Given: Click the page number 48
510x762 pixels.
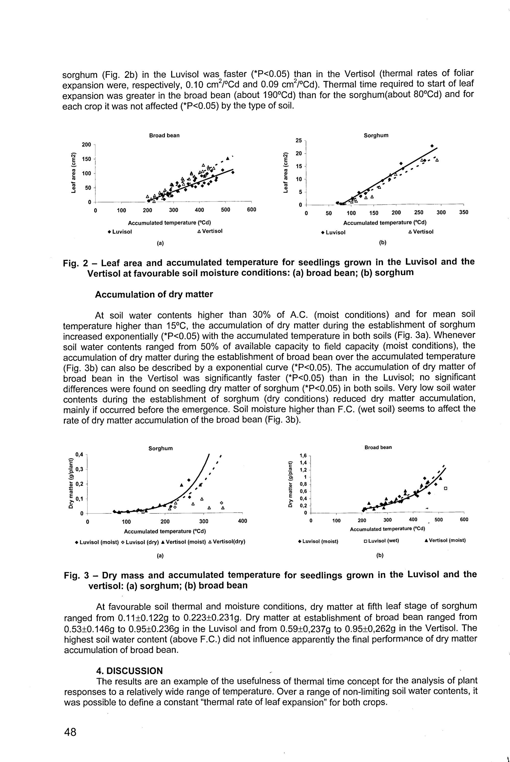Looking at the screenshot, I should tap(70, 732).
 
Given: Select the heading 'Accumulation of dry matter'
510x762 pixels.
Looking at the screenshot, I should tap(154, 294).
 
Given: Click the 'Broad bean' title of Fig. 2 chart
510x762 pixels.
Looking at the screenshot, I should tap(164, 135).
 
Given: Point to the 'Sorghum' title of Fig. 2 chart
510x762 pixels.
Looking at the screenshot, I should tap(376, 135).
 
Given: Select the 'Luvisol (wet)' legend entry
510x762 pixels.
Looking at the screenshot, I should tap(381, 541).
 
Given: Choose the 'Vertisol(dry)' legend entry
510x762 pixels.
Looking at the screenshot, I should tap(226, 542).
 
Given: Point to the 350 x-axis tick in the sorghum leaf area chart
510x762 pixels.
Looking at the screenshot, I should tap(464, 213).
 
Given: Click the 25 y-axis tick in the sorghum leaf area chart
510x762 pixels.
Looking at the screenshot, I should tap(299, 141).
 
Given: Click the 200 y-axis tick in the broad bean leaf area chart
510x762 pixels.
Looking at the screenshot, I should tap(86, 144).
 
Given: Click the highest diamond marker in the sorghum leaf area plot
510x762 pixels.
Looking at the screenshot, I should tap(432, 146).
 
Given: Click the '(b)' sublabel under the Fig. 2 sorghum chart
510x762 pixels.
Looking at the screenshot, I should tap(383, 243).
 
